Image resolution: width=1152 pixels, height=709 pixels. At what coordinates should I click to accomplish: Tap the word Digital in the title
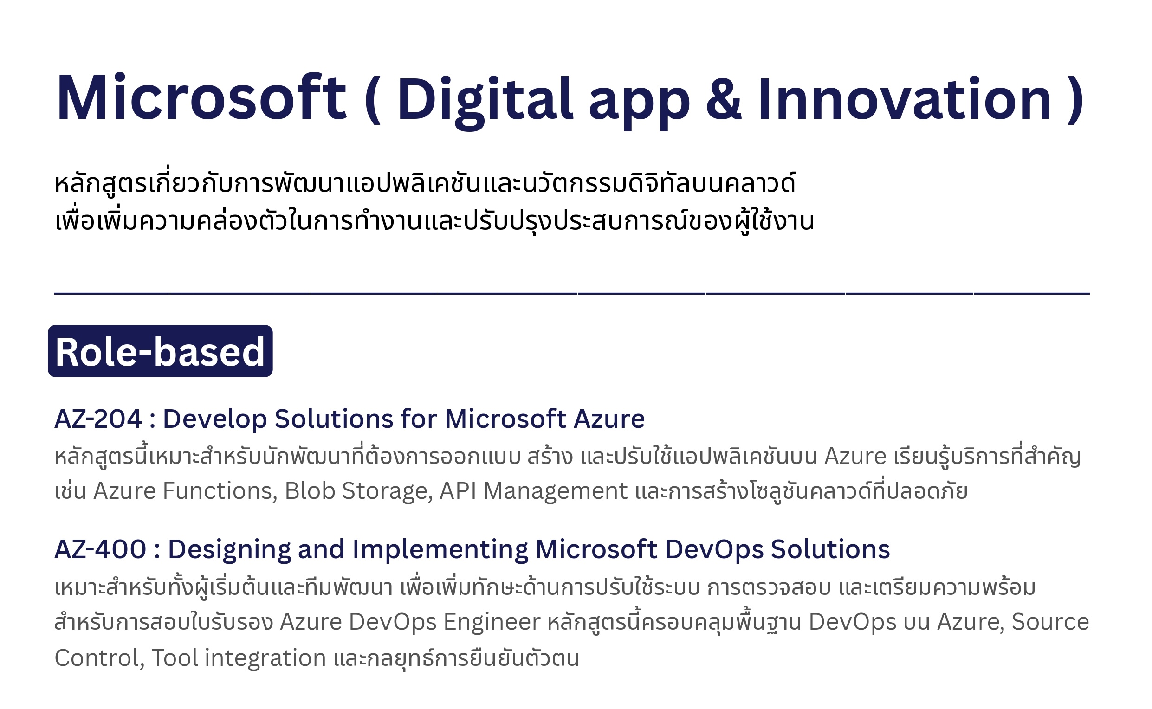click(x=485, y=101)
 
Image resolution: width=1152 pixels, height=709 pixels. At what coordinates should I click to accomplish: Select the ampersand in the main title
click(x=724, y=98)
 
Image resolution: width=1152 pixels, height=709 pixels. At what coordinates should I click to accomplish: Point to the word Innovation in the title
click(x=905, y=98)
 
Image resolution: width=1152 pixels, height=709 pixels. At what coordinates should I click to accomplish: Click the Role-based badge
click(x=160, y=351)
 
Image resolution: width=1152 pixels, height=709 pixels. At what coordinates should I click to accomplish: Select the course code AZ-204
click(x=98, y=418)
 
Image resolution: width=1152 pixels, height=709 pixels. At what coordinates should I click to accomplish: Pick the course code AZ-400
click(x=100, y=548)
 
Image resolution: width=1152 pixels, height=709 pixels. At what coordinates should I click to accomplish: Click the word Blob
click(x=310, y=490)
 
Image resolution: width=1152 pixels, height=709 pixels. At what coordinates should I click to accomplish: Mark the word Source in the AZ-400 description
click(x=1050, y=622)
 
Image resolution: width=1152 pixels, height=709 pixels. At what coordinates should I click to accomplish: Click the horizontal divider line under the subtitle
click(x=572, y=294)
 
